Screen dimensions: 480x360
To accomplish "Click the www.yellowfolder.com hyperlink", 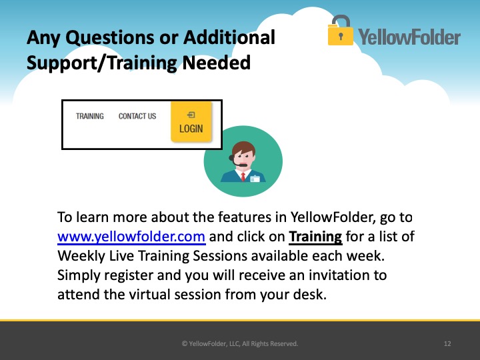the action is [x=131, y=237].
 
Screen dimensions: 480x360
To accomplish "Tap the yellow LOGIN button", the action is [x=191, y=122].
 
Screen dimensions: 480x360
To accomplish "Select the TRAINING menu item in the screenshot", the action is [x=90, y=116].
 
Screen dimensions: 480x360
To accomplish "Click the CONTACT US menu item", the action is [x=137, y=116].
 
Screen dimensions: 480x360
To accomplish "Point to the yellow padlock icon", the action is [x=340, y=31].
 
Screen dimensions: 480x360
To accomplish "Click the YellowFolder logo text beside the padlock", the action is [x=409, y=37].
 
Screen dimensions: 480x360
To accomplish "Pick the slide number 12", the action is [x=447, y=344].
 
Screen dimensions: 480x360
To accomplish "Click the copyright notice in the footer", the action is [x=240, y=344].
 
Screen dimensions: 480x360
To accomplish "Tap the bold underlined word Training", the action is [x=315, y=237].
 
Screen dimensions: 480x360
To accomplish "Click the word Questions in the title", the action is [x=110, y=38].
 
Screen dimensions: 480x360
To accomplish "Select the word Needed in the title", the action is [x=217, y=63].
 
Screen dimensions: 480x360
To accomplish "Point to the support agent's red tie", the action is [x=243, y=177].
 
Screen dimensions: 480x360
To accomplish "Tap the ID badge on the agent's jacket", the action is [x=255, y=179].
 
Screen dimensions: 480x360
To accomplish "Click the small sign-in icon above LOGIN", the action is [x=191, y=115].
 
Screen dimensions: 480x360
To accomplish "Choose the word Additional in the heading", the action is [x=229, y=37].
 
